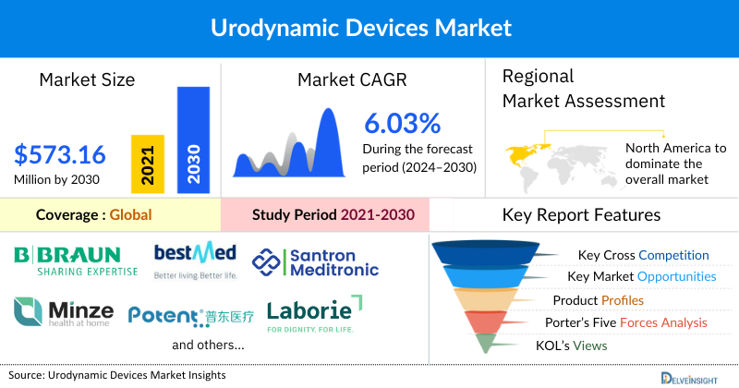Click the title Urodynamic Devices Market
(369, 28)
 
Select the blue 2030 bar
(192, 139)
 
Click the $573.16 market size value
(60, 153)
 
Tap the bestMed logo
(195, 261)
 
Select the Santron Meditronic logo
(313, 261)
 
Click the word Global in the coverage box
(130, 215)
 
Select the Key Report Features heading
(581, 215)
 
